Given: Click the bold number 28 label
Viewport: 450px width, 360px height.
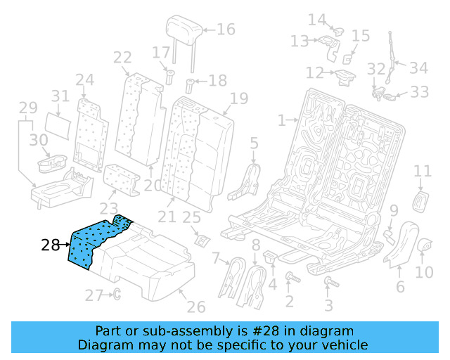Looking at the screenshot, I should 50,245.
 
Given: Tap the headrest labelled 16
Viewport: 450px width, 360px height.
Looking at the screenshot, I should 182,32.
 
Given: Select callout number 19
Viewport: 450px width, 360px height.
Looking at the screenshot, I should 238,98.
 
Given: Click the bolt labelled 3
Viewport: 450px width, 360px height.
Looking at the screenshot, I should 328,283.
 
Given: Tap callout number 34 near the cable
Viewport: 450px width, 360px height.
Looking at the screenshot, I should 418,67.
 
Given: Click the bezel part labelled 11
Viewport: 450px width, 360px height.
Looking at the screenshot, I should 422,199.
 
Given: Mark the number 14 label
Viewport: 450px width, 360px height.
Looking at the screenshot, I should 317,20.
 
